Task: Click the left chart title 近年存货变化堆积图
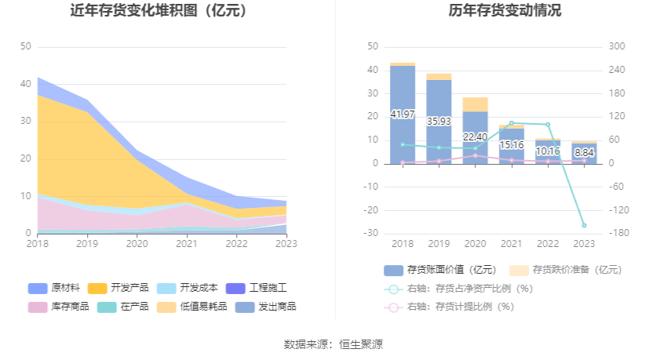[158, 11]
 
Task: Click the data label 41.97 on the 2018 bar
[403, 114]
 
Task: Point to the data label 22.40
[475, 137]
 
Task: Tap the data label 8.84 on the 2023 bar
[584, 153]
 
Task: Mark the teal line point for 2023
[584, 226]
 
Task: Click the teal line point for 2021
[512, 123]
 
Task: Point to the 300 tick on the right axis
[616, 47]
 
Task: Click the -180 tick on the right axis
[616, 234]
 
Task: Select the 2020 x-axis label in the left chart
[137, 245]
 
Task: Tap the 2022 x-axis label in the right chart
[548, 245]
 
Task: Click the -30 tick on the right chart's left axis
[373, 234]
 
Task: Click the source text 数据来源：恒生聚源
[333, 344]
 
